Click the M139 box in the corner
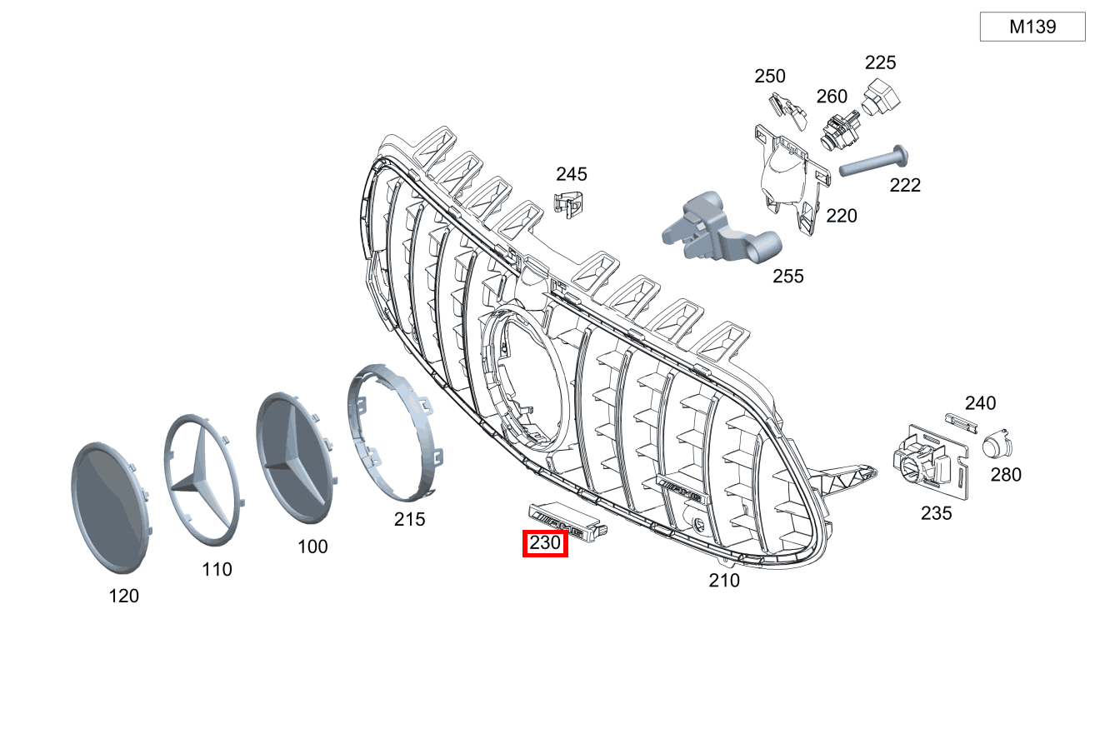point(1032,27)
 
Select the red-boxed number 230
point(545,542)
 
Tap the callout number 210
point(724,580)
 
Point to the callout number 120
point(124,596)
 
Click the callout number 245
point(571,174)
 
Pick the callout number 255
point(787,277)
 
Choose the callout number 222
point(905,186)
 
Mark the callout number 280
point(1006,475)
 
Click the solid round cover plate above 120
point(112,508)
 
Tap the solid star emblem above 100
point(296,458)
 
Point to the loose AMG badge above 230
point(567,522)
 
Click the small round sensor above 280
point(997,444)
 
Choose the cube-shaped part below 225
point(881,97)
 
